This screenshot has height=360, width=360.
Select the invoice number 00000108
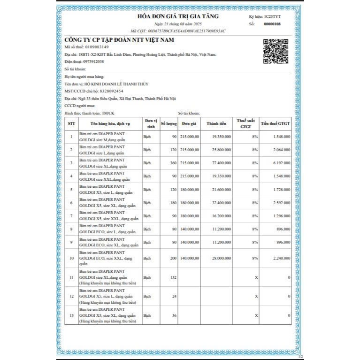(272, 23)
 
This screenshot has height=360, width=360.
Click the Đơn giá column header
(190, 123)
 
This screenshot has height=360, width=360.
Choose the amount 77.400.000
(221, 162)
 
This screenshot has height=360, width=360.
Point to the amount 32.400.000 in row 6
(221, 202)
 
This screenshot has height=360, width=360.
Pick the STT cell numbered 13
(71, 315)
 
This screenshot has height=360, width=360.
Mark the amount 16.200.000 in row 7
(221, 215)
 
